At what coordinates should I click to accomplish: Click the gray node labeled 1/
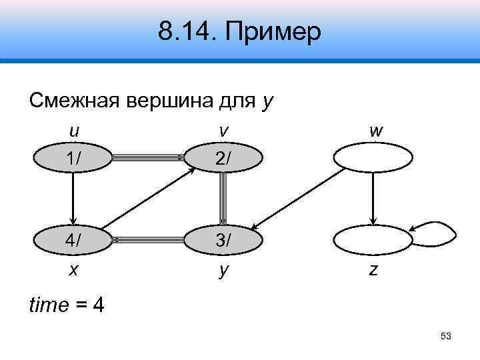point(74,158)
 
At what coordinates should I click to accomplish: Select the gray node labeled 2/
point(223,158)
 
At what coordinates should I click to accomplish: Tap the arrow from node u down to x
point(74,198)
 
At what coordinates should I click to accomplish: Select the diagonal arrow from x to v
point(148,198)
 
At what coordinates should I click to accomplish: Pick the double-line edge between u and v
point(148,157)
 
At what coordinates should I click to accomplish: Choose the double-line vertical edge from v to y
point(223,198)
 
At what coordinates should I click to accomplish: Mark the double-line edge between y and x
point(148,238)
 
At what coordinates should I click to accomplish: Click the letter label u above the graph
point(74,131)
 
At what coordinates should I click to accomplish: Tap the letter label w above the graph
point(375,131)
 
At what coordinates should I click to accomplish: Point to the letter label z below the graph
point(373,270)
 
